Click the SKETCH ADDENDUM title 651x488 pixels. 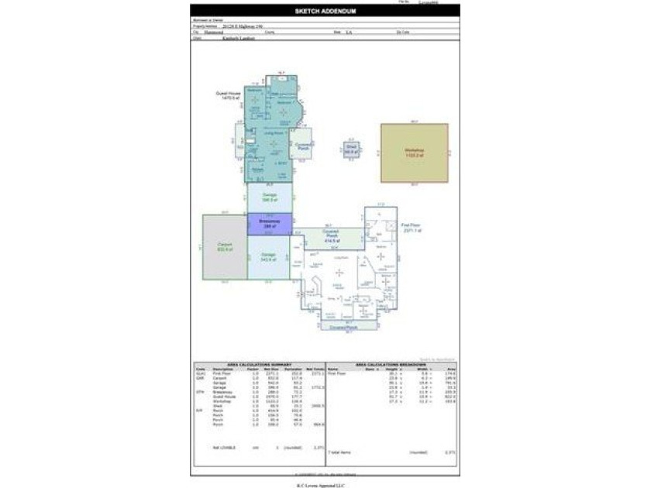coord(325,12)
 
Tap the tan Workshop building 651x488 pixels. coord(414,153)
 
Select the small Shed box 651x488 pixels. coord(351,149)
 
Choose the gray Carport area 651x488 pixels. coord(224,246)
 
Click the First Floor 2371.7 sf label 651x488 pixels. coord(415,229)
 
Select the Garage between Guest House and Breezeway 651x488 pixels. coord(269,198)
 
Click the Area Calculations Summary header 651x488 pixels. coord(259,364)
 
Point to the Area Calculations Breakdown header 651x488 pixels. coord(391,364)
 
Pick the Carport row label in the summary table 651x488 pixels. coord(219,377)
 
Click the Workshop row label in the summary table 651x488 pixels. coord(221,401)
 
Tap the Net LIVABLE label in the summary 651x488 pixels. coord(225,447)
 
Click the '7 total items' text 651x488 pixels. coord(340,451)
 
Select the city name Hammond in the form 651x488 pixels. coord(214,32)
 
